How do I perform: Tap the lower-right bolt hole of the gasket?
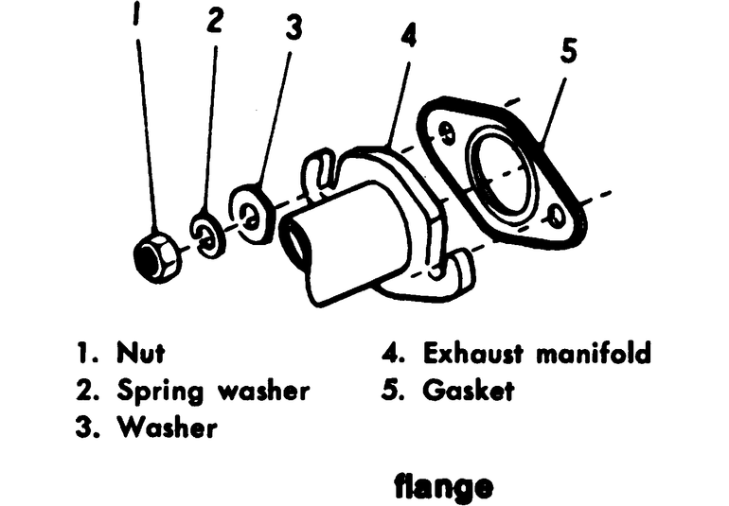coord(557,216)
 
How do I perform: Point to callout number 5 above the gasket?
coord(567,51)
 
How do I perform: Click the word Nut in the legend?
coord(140,354)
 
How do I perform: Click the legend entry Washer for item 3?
coord(167,427)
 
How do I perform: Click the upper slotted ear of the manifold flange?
coord(322,166)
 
